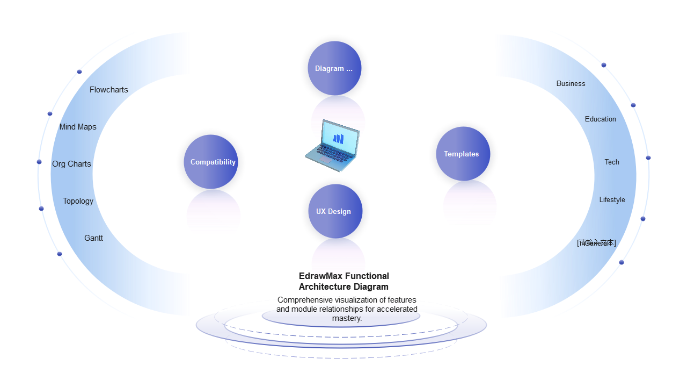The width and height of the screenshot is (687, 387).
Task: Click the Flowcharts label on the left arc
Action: (x=109, y=90)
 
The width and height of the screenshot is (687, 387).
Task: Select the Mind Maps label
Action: (x=78, y=127)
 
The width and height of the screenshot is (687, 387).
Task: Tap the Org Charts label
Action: (x=71, y=164)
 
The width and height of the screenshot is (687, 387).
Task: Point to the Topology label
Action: (x=78, y=201)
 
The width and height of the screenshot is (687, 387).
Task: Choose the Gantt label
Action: (x=93, y=238)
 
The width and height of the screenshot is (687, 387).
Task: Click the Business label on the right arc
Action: (x=571, y=83)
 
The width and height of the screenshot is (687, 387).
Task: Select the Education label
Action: (x=600, y=119)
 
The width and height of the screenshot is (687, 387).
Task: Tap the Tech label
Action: (x=612, y=162)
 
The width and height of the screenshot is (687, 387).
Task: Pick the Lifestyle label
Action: (x=612, y=200)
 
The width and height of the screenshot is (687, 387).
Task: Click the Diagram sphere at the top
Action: (x=334, y=68)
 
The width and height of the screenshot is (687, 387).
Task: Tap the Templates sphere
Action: (x=462, y=154)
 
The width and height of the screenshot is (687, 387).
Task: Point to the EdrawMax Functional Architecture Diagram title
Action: (x=343, y=281)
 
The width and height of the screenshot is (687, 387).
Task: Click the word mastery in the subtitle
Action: (x=347, y=318)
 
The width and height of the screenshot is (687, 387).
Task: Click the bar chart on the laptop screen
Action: (x=338, y=139)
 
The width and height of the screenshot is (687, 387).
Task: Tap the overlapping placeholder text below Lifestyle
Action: (x=596, y=243)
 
